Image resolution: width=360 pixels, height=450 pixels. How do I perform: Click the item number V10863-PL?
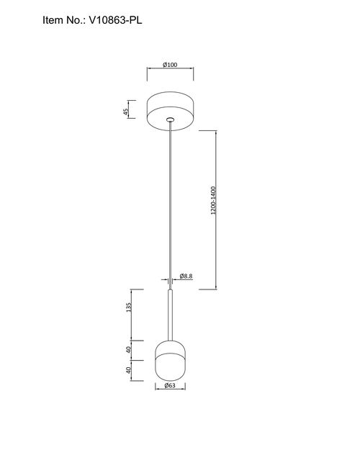(115, 20)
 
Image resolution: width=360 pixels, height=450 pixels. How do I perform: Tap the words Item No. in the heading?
(64, 20)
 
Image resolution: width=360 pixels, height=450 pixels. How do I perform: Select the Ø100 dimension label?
(170, 65)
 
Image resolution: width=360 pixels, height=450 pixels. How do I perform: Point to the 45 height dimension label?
(125, 112)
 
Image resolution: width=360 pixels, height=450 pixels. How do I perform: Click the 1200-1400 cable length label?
(213, 201)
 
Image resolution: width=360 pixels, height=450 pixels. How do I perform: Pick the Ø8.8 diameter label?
(186, 276)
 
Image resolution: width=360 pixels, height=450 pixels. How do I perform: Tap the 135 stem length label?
(129, 307)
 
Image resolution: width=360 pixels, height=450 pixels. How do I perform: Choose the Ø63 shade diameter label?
(170, 385)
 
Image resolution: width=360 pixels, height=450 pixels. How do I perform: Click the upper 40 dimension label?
(129, 349)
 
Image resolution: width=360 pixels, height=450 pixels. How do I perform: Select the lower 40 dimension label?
(129, 370)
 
